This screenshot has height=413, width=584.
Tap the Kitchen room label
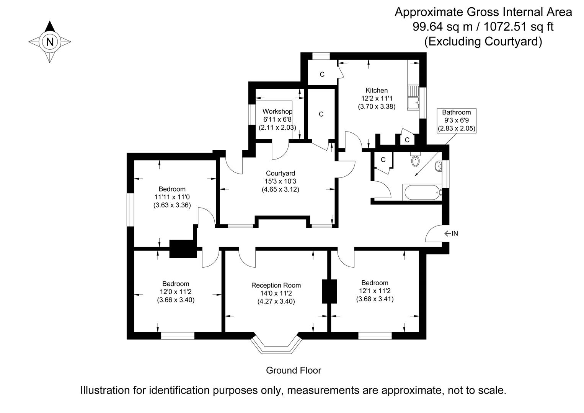pos(377,91)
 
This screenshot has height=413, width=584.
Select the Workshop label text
pos(277,111)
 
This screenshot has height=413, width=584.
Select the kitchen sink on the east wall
pos(414,98)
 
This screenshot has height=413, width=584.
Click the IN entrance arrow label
pos(451,233)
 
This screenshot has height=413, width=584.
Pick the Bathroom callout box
pos(457,120)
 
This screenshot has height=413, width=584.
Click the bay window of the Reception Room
pos(276,345)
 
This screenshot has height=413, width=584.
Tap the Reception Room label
pos(276,285)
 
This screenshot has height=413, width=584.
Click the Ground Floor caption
pos(294,370)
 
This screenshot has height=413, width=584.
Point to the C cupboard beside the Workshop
pos(321,114)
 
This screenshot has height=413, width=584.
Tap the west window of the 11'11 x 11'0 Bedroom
pos(131,209)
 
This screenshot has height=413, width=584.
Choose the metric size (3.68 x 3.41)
pos(375,299)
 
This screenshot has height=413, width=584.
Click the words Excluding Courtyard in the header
pos(483,41)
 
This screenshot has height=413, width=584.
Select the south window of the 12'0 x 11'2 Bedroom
pos(178,336)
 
